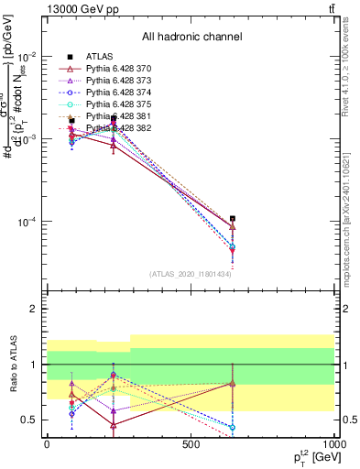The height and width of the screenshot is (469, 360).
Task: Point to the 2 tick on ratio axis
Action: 33,310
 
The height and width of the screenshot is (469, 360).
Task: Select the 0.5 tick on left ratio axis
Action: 28,420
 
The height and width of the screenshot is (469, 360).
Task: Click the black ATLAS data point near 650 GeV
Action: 233,219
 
